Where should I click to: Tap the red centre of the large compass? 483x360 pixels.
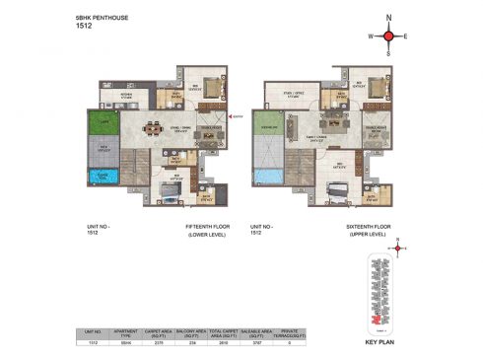(x=388, y=36)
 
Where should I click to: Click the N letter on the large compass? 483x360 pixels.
(x=388, y=18)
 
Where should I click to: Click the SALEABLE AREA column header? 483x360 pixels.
(x=267, y=333)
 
